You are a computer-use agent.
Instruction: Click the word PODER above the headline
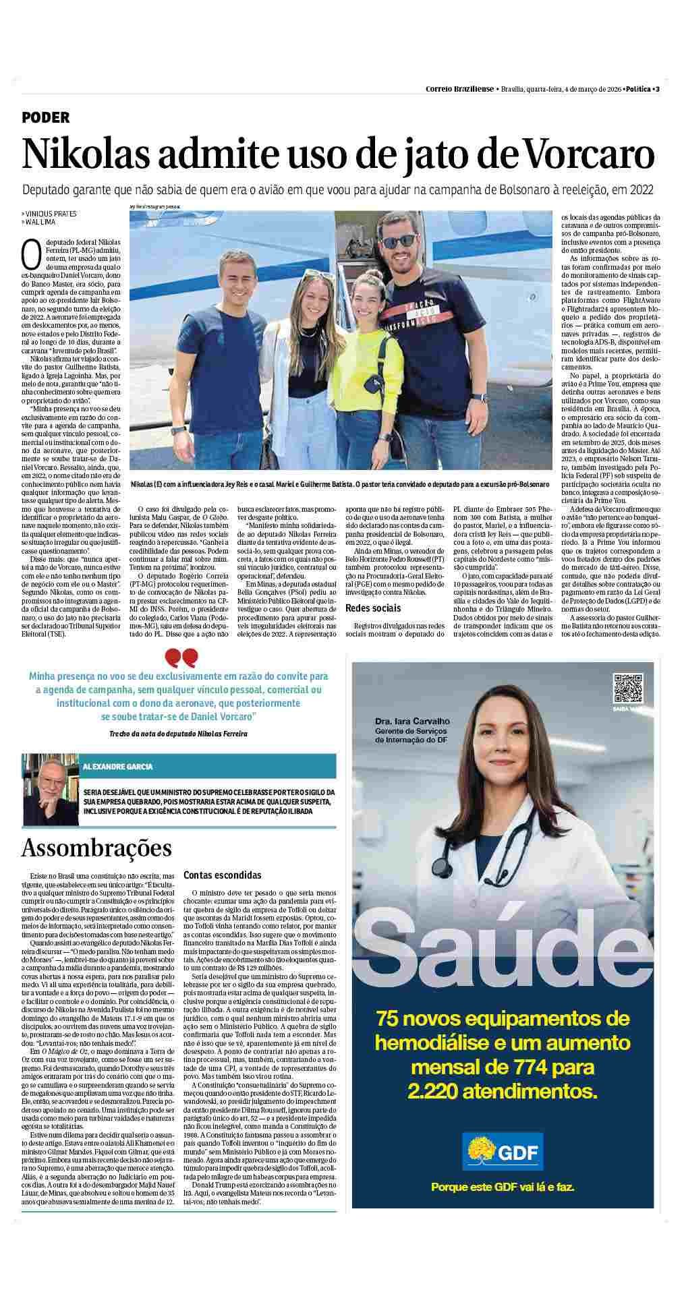click(x=46, y=117)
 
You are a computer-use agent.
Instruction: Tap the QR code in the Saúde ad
click(x=627, y=688)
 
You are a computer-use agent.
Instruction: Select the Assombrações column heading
click(x=96, y=848)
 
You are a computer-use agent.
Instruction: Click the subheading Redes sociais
click(x=372, y=608)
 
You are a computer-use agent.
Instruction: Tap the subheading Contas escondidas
click(x=222, y=875)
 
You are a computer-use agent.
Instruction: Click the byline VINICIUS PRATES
click(x=51, y=214)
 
